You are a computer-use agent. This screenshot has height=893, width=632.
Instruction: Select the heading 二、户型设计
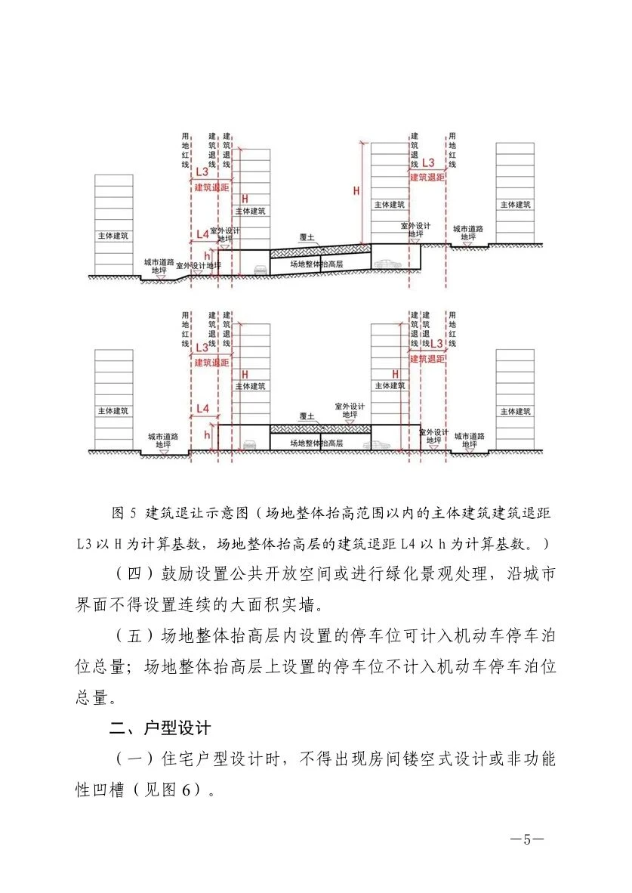(159, 729)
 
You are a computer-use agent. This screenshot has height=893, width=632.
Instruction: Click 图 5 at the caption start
(122, 514)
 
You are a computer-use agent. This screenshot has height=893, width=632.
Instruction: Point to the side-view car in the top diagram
(385, 264)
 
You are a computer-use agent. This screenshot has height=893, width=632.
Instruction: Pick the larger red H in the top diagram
(356, 191)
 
